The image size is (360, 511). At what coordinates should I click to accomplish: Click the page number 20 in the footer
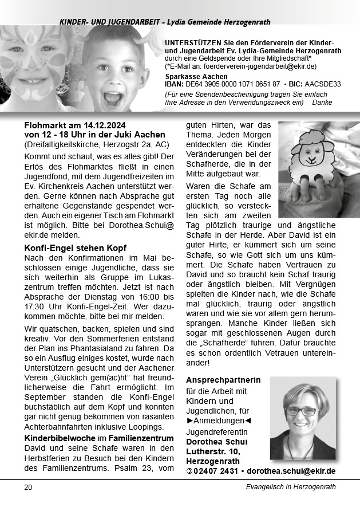28,488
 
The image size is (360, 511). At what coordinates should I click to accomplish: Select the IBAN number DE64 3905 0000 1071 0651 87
232,84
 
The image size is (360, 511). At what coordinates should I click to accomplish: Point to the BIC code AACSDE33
322,84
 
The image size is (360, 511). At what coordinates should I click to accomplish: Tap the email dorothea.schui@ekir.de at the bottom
291,471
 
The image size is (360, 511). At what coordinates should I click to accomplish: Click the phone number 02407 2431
215,471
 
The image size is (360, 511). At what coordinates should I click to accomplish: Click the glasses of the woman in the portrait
300,411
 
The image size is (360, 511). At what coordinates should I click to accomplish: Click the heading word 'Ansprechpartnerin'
223,380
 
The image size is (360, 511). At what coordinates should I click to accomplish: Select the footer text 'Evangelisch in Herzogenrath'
287,488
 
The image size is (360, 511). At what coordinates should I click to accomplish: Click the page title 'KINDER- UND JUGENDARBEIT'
108,22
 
